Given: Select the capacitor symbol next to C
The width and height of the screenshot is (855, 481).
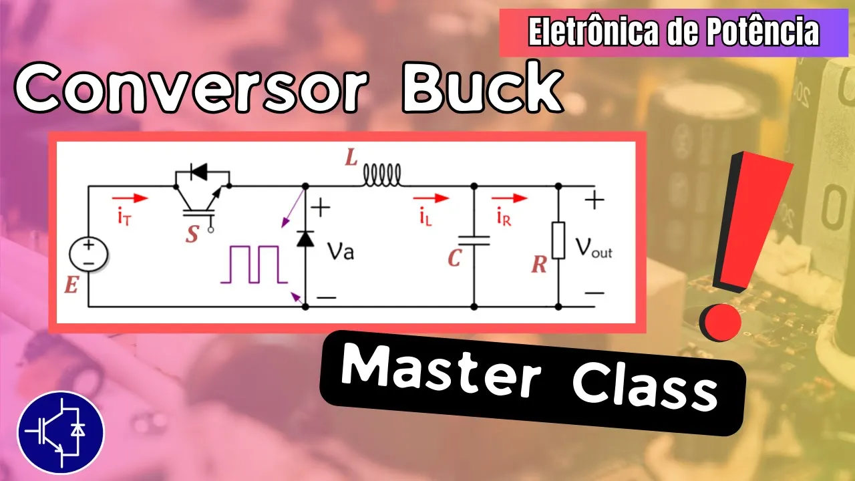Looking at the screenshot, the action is click(474, 240).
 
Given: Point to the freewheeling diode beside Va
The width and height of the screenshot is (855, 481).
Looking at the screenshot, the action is click(305, 238).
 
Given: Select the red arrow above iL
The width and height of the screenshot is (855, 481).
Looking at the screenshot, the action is click(430, 198).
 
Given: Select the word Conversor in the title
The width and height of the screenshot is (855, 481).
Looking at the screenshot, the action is click(190, 89).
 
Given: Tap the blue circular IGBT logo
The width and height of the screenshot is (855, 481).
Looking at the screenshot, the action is click(61, 432).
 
